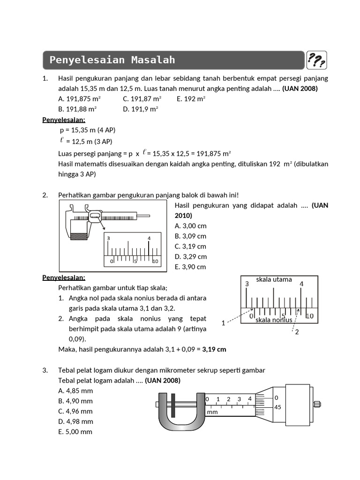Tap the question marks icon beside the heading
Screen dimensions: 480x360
[317, 60]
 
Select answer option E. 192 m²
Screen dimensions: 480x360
[191, 99]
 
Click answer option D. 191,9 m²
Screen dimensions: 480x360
[141, 109]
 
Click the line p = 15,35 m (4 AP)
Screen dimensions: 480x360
[88, 130]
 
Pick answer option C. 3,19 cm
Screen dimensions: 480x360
[190, 246]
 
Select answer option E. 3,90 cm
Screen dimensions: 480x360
[190, 267]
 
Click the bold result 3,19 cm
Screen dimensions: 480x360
[215, 349]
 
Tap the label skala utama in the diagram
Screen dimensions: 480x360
[274, 279]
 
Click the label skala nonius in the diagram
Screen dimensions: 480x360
[274, 320]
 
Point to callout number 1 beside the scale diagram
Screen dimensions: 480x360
[223, 323]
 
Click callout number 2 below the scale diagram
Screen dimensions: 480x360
[297, 332]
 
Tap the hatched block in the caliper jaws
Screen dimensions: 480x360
[78, 236]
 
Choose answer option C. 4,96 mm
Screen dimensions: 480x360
[75, 411]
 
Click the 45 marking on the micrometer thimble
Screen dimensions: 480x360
[277, 407]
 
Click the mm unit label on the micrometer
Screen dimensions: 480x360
[212, 412]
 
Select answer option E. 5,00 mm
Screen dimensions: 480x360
[75, 432]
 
